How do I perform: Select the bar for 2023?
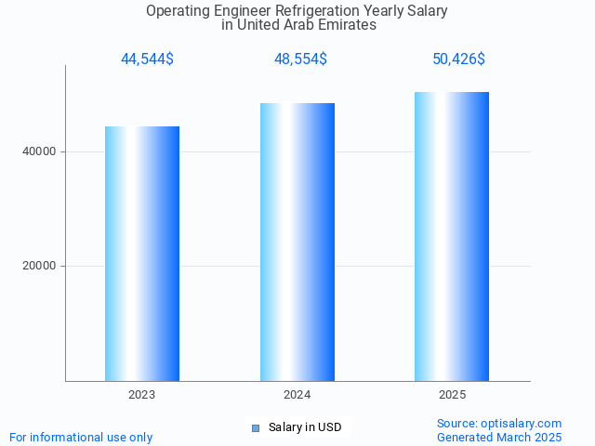click(142, 253)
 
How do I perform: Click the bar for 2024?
click(297, 242)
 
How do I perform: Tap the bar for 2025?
click(452, 236)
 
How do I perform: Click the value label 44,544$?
click(147, 59)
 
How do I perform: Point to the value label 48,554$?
click(300, 59)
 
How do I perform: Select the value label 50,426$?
click(458, 59)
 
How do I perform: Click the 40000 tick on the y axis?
click(40, 151)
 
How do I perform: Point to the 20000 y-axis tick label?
click(40, 267)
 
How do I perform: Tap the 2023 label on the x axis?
click(142, 395)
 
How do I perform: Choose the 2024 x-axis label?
click(297, 395)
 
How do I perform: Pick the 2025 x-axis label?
click(453, 395)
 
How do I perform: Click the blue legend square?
click(256, 427)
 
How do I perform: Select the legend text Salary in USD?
click(305, 427)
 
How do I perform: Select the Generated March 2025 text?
click(498, 437)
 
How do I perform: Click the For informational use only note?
click(81, 437)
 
